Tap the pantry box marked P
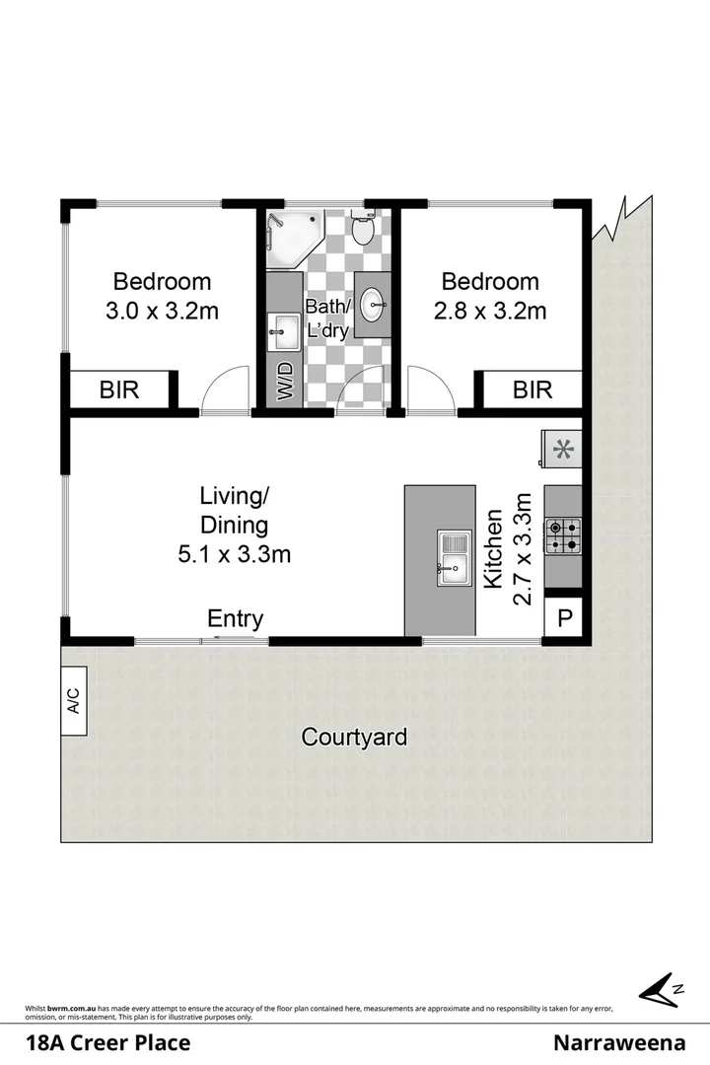point(563,618)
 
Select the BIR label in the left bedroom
point(119,390)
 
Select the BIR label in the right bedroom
point(532,390)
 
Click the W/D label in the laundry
point(286,383)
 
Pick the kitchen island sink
point(455,556)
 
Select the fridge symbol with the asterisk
point(562,450)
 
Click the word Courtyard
point(354,736)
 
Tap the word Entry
point(235,618)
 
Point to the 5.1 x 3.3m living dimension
point(234,554)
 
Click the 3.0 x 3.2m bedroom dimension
point(162,312)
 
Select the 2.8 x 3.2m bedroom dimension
point(490,312)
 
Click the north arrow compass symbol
point(659,989)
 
